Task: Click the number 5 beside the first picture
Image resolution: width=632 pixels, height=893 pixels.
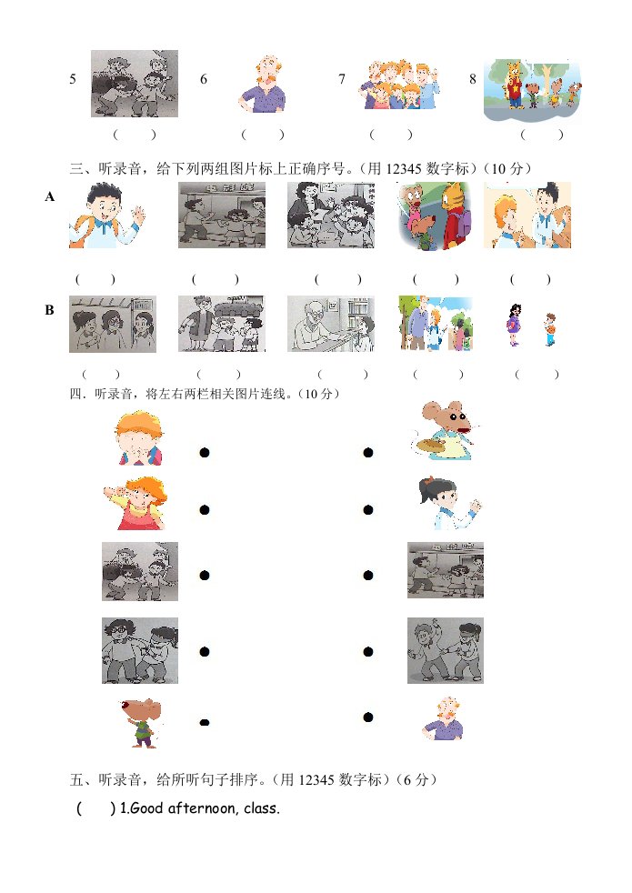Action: (73, 78)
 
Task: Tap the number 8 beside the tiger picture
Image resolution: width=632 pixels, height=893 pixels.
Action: (473, 78)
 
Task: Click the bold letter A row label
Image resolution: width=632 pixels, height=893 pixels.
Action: (50, 197)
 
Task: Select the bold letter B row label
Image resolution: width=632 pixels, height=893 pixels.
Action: (49, 310)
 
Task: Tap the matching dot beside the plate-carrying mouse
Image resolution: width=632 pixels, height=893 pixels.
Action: (367, 453)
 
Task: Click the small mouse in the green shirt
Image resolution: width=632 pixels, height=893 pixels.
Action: (143, 722)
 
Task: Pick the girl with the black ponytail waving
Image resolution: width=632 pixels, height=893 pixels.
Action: (448, 502)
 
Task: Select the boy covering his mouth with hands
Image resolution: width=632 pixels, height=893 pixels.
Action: (139, 438)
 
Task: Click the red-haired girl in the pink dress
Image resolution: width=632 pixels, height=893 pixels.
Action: (136, 504)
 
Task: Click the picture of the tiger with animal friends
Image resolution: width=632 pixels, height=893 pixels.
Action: (533, 91)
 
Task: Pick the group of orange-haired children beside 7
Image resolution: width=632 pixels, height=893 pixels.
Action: (399, 85)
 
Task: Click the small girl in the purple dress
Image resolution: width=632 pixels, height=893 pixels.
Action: (514, 325)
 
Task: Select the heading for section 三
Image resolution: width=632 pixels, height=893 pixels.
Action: (301, 168)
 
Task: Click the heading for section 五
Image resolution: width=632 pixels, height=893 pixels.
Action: (254, 779)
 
